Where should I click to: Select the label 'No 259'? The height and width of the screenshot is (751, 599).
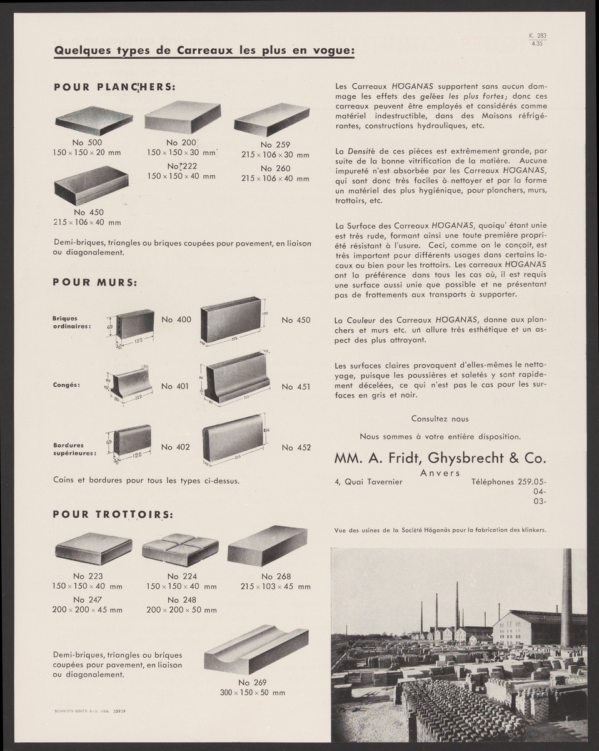pyautogui.click(x=275, y=144)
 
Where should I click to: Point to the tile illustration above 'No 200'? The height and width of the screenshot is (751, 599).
pyautogui.click(x=182, y=117)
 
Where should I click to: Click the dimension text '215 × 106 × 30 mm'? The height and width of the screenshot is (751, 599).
pyautogui.click(x=275, y=155)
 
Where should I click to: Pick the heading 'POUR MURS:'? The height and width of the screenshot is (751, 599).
pyautogui.click(x=96, y=282)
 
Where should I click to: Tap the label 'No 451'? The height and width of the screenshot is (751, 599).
pyautogui.click(x=296, y=387)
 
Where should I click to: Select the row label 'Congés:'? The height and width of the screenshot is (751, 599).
pyautogui.click(x=68, y=385)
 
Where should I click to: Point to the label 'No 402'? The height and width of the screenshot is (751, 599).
pyautogui.click(x=175, y=447)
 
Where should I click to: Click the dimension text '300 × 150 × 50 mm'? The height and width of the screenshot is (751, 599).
pyautogui.click(x=253, y=693)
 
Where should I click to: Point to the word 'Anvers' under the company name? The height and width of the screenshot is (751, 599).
pyautogui.click(x=440, y=473)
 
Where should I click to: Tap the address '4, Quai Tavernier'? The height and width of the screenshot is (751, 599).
pyautogui.click(x=369, y=482)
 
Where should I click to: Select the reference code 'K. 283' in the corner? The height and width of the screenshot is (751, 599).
pyautogui.click(x=538, y=36)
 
